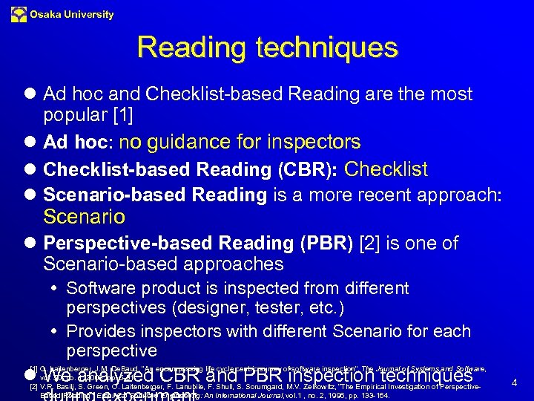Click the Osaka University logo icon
pos(19,15)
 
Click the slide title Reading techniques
pos(267,48)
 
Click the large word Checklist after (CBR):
pos(386,169)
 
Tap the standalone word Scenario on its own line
pos(84,218)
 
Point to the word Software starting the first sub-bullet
pos(100,288)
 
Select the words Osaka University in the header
pos(72,15)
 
